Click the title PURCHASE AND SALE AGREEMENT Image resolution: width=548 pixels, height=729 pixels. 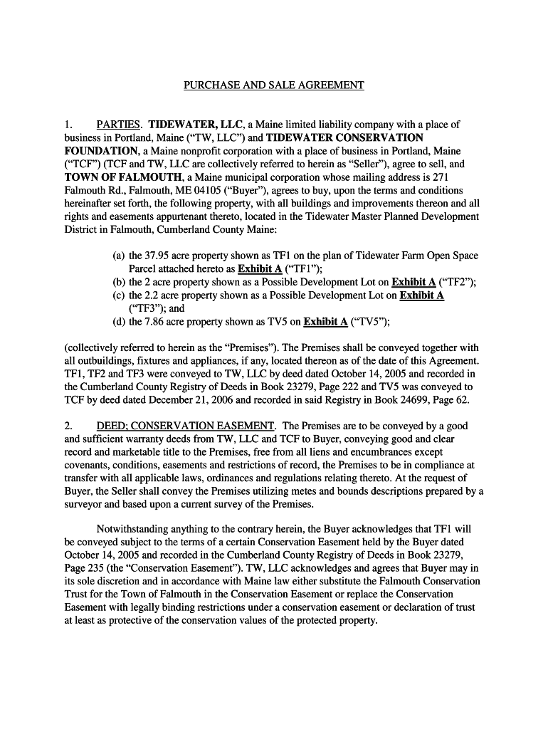(274, 85)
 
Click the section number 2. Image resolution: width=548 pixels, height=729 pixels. (68, 426)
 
